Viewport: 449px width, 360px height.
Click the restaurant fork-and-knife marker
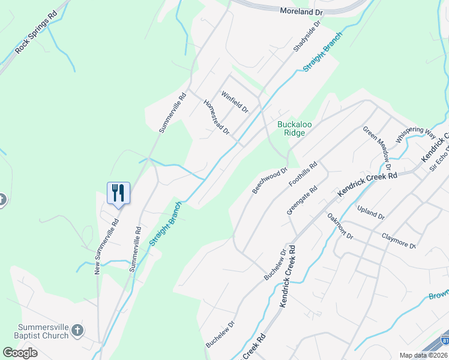(x=118, y=193)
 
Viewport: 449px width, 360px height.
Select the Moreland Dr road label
(x=301, y=11)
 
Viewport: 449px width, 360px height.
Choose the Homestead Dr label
(x=217, y=117)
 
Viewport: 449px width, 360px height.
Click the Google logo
(x=20, y=353)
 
